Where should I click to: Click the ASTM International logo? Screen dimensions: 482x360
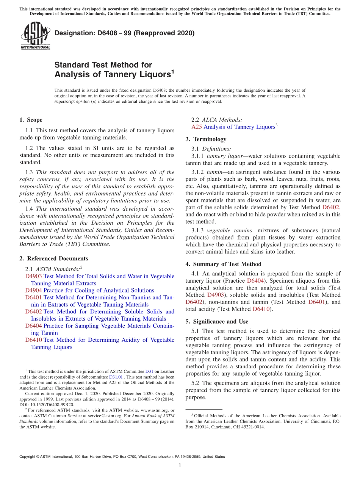(35, 36)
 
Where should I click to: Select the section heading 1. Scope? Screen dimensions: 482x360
(31, 120)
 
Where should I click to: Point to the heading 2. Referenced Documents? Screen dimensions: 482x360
(53, 258)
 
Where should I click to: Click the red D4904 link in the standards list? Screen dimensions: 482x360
(33, 290)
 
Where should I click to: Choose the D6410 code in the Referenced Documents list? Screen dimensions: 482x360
(33, 340)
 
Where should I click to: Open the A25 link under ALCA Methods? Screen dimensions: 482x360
(197, 127)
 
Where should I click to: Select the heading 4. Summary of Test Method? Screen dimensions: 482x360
(223, 264)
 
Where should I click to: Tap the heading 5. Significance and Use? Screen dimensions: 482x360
(217, 321)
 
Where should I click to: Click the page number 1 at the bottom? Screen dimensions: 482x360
(180, 465)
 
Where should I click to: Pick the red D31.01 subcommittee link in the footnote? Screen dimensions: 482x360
(116, 377)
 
